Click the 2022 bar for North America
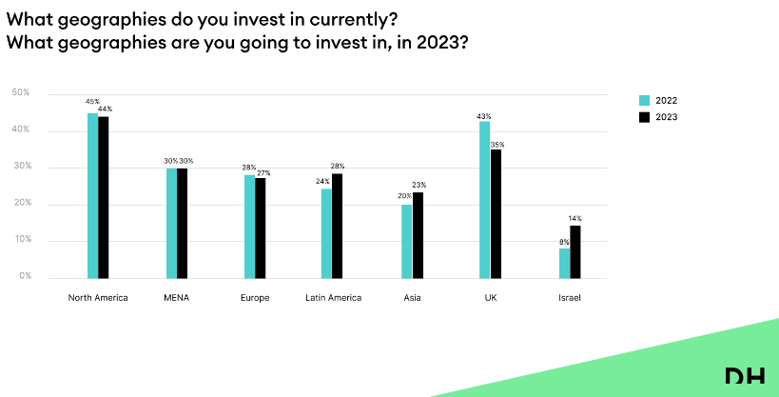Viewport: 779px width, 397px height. (x=92, y=195)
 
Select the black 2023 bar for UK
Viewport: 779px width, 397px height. (x=496, y=213)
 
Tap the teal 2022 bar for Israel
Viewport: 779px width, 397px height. (x=564, y=263)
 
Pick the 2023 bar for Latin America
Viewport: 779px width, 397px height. (x=338, y=226)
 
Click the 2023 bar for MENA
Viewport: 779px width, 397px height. (x=182, y=223)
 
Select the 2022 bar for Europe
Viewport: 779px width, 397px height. (x=249, y=226)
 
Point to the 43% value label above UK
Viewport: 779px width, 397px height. (x=484, y=116)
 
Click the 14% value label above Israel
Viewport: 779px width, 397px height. (x=575, y=219)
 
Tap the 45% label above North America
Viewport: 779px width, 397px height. (x=92, y=101)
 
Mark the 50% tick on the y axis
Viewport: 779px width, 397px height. (x=21, y=92)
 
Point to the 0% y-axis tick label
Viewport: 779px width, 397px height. (x=23, y=277)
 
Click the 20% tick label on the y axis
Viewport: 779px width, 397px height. (x=21, y=204)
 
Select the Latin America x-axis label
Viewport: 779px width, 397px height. (x=333, y=298)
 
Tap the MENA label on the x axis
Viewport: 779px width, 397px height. (x=176, y=298)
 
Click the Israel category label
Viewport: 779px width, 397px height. (x=569, y=298)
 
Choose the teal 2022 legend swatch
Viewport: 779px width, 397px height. (x=644, y=100)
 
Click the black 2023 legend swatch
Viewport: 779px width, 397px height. (x=644, y=117)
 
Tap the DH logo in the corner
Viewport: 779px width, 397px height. (x=744, y=378)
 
